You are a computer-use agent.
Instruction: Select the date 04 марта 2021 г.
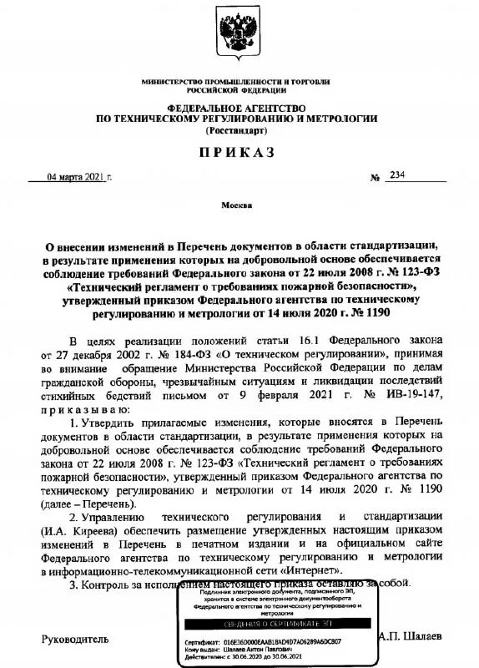[78, 177]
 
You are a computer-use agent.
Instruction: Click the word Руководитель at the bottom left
[75, 638]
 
